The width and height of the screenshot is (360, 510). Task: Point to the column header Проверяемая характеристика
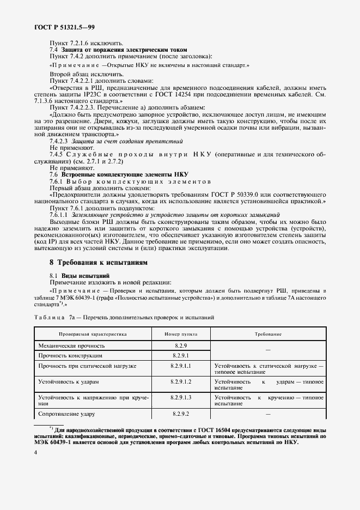coord(93,334)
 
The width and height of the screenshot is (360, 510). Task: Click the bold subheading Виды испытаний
coord(86,276)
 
